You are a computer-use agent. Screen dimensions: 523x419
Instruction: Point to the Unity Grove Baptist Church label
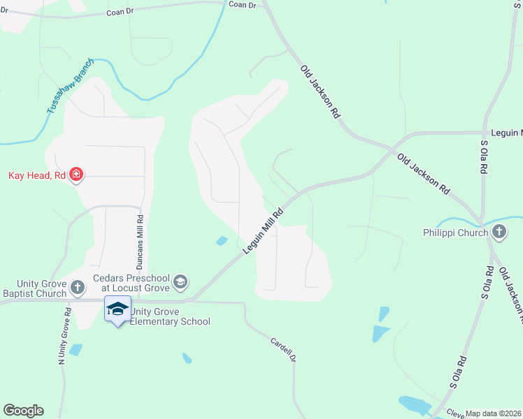34,289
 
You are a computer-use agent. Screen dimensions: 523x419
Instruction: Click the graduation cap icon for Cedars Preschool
180,281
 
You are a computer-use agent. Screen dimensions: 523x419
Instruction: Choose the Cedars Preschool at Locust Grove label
132,281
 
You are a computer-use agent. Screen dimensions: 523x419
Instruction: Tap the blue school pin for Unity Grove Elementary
117,309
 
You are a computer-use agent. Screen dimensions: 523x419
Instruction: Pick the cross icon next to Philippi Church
499,233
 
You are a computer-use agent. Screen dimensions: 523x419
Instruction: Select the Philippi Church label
455,233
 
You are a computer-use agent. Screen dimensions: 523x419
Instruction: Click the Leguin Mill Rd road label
264,232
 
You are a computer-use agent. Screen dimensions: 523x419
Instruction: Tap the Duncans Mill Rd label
140,237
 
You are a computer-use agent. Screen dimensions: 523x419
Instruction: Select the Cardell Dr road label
283,349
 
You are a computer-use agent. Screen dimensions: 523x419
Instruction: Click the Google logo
23,411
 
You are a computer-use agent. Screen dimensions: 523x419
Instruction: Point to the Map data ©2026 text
494,413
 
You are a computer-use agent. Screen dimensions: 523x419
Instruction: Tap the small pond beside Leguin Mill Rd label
222,241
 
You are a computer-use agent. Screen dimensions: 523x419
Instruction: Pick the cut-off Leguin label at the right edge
506,132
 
